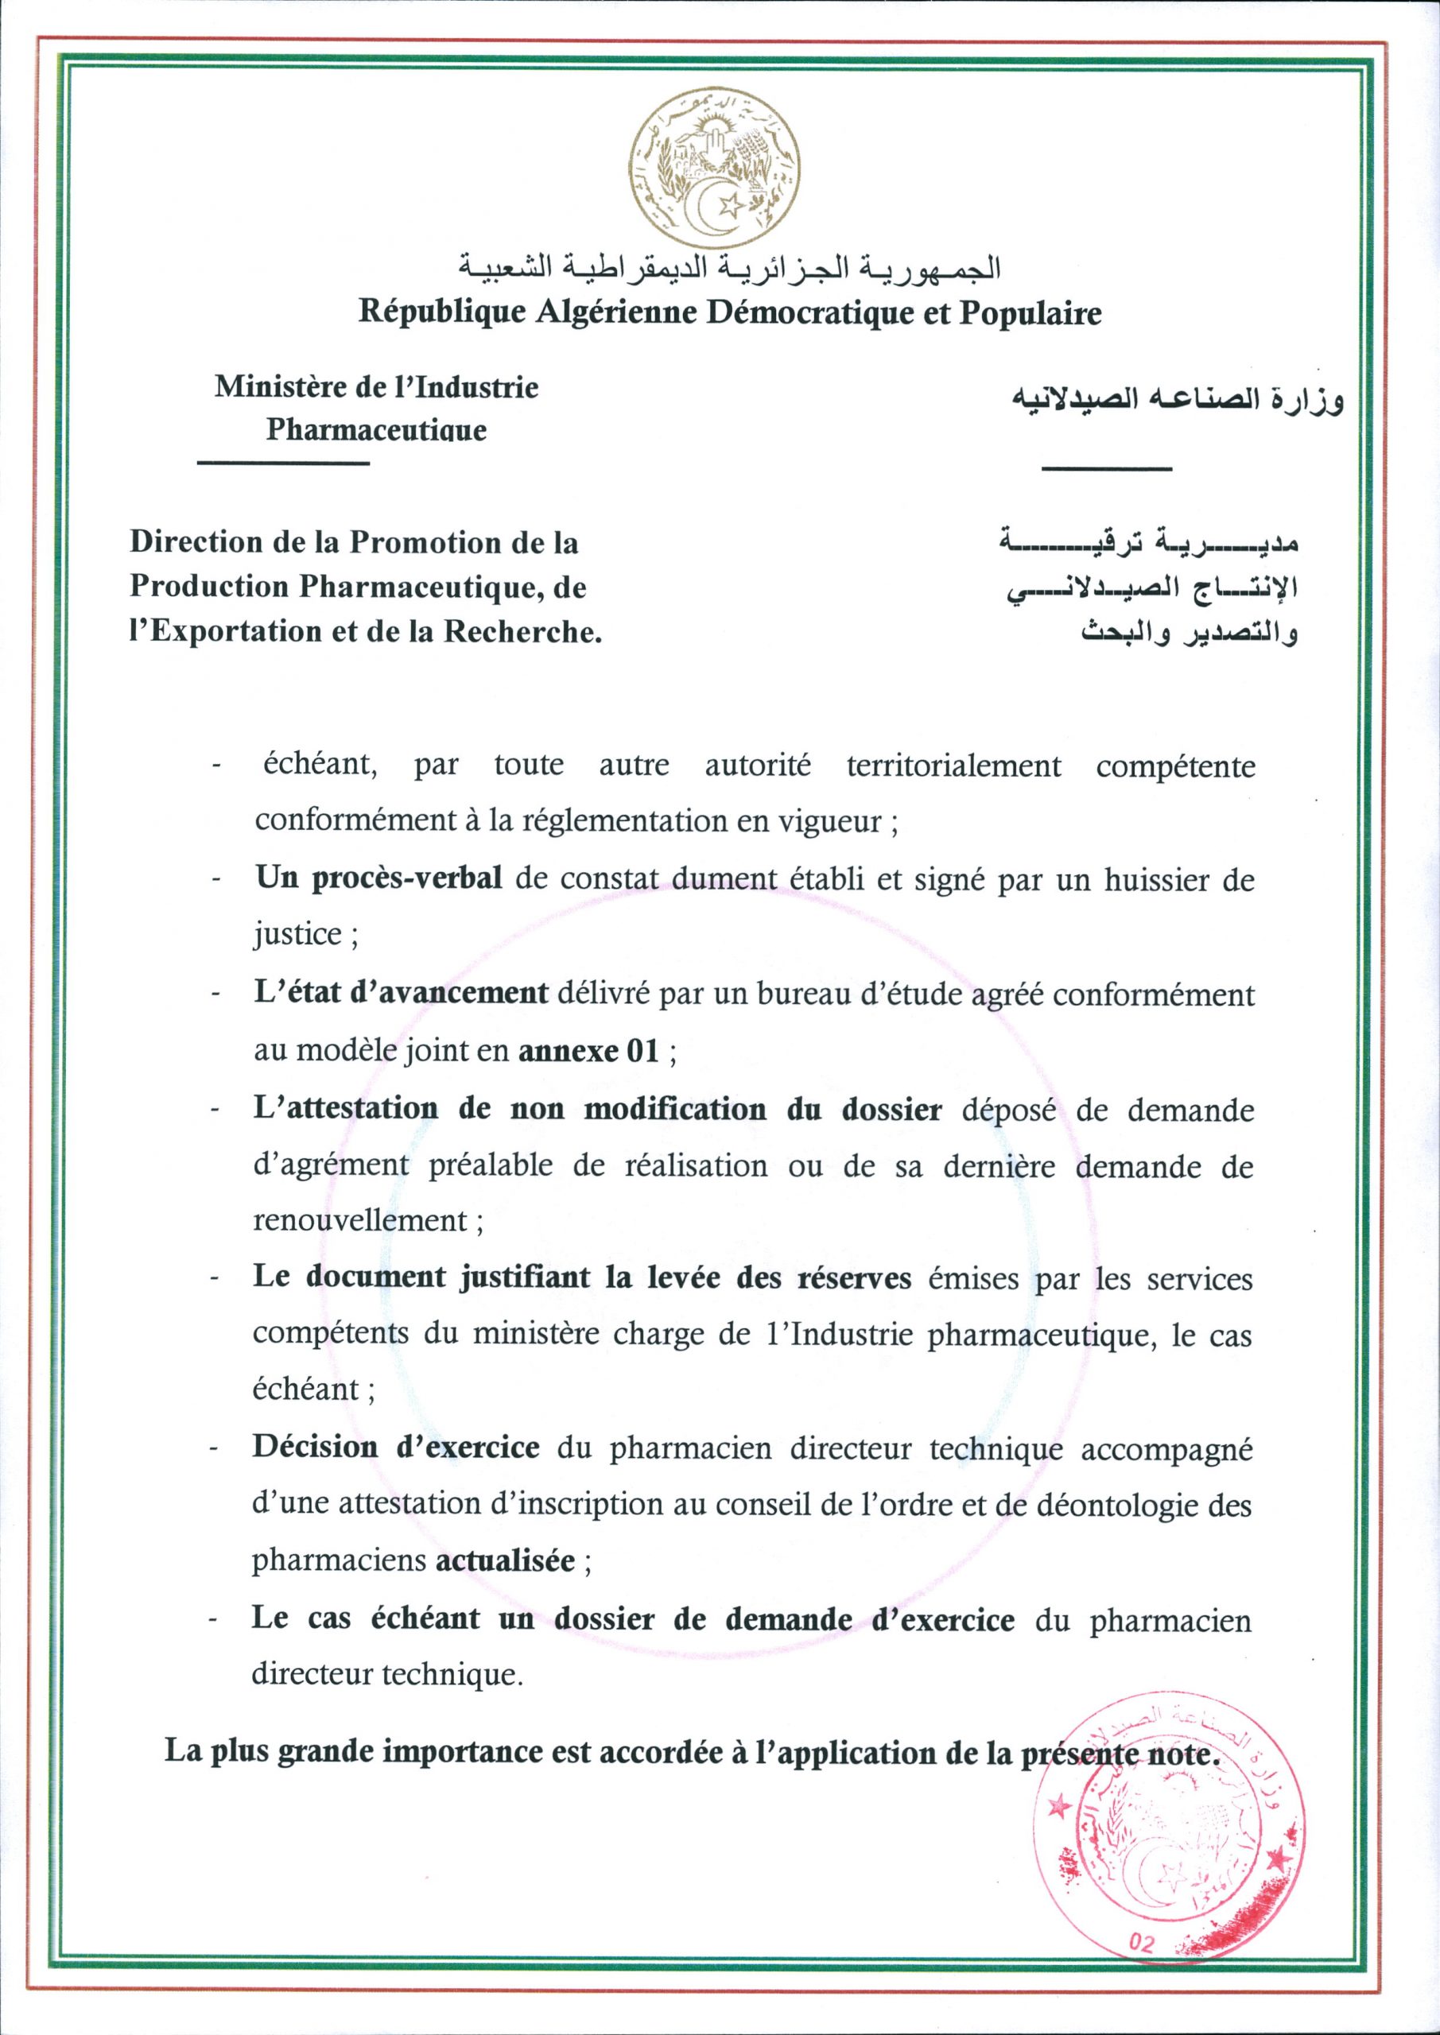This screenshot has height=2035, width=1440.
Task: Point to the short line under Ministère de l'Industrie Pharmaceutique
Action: coord(283,463)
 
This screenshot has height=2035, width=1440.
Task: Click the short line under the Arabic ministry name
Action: coord(1107,468)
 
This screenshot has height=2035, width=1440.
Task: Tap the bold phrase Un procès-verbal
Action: coord(379,879)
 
